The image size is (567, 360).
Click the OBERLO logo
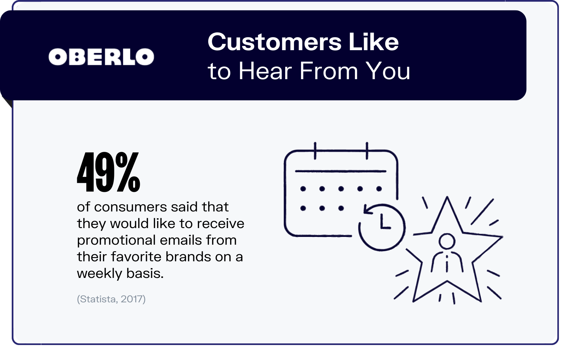[x=101, y=57]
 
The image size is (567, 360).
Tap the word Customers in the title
[x=275, y=42]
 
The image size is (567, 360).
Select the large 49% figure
[x=109, y=172]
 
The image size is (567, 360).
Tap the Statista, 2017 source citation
[x=111, y=299]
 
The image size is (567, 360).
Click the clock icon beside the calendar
[x=382, y=227]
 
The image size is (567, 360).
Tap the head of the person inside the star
[x=446, y=241]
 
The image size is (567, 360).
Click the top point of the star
[x=447, y=197]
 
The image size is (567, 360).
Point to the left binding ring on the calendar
[x=315, y=151]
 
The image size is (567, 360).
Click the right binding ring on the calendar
[x=367, y=151]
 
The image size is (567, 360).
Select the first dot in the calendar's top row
[x=303, y=189]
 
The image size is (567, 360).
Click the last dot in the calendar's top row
[x=379, y=189]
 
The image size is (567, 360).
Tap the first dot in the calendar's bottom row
[x=303, y=208]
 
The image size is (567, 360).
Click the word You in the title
[x=388, y=71]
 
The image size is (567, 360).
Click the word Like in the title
[x=373, y=42]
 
